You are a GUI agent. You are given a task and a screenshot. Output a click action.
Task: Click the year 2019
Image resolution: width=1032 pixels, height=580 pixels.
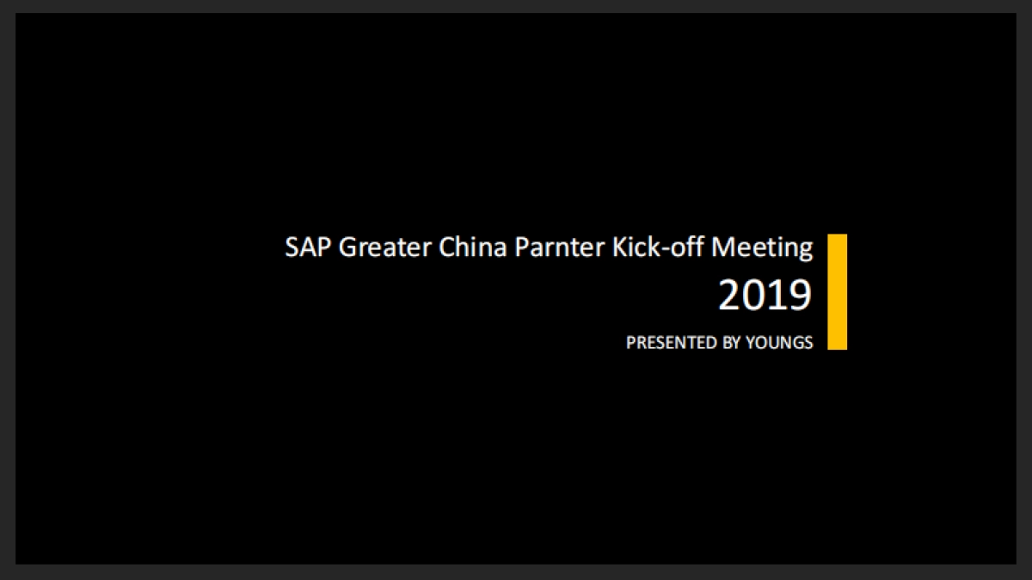tap(765, 296)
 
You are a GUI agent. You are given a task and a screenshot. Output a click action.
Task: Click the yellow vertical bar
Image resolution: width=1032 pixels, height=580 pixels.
tap(837, 291)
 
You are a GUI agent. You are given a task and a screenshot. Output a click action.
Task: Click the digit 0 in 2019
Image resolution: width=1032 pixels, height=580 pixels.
tap(753, 296)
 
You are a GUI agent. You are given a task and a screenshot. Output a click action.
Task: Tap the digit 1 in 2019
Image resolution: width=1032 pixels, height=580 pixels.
tap(777, 296)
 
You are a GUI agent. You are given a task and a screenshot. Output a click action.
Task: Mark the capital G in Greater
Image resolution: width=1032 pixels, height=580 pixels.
tap(348, 247)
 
